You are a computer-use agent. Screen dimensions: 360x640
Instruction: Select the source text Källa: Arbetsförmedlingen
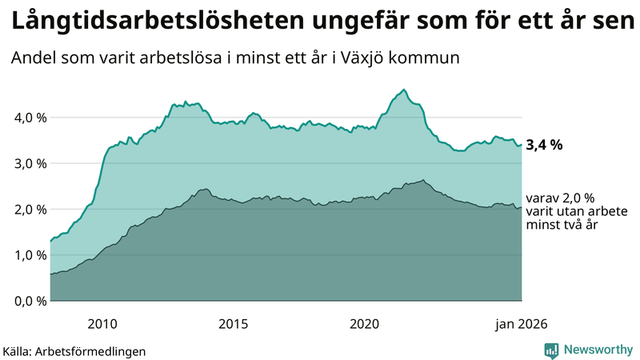pos(74,350)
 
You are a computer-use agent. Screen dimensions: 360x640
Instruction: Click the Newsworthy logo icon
pos(551,350)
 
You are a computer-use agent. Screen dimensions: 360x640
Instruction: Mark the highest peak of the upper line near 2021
pos(404,90)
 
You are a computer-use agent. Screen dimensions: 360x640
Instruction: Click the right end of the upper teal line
pos(522,145)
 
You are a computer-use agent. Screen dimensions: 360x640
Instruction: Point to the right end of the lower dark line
pos(522,207)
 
